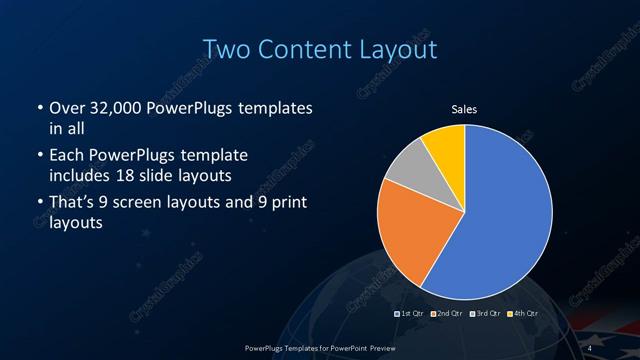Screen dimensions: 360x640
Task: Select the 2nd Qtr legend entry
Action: [449, 314]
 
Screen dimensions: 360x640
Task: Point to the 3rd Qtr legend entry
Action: [487, 314]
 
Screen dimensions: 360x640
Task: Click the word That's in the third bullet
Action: [74, 205]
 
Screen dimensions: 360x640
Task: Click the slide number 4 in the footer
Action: [590, 347]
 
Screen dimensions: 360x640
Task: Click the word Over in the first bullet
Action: [67, 108]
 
